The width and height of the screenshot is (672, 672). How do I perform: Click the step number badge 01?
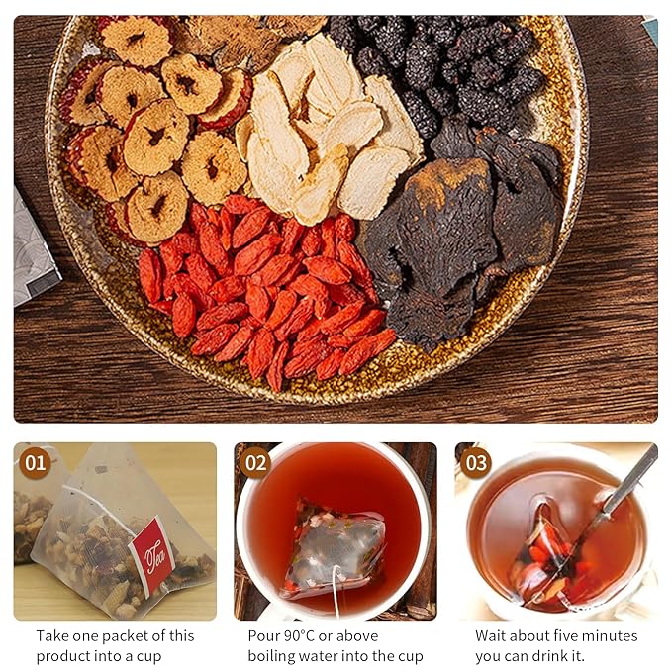pos(36,463)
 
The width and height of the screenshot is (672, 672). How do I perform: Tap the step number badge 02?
pos(255,463)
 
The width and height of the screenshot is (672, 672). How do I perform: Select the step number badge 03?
pos(476,463)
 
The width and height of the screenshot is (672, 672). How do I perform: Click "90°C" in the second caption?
pos(300,636)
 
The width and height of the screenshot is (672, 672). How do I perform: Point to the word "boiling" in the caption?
pos(271,656)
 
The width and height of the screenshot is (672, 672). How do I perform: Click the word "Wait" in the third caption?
pos(490,636)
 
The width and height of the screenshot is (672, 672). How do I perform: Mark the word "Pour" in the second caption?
pos(263,636)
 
